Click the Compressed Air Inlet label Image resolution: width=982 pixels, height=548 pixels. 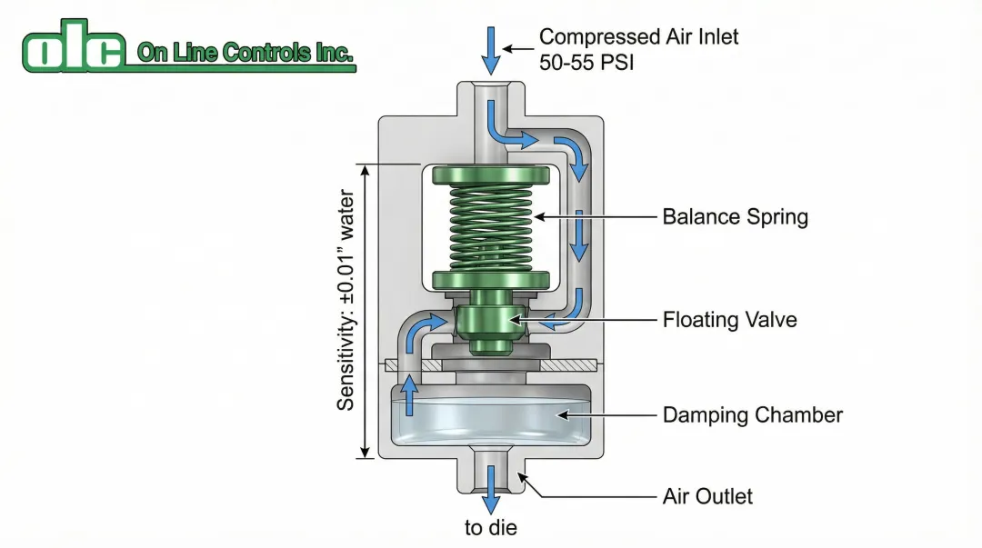click(638, 37)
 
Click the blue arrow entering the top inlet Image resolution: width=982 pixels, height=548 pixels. click(491, 50)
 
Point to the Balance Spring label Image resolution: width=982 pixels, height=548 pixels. click(735, 217)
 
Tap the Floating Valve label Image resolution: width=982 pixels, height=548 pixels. click(729, 320)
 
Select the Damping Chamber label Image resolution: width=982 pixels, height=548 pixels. click(752, 415)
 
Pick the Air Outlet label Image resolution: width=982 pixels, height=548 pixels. click(707, 496)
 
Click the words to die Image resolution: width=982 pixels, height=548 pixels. click(491, 528)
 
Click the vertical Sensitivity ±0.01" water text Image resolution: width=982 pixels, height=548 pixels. click(346, 300)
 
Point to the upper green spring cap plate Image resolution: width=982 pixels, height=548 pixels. click(491, 174)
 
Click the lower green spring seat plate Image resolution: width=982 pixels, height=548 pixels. click(491, 280)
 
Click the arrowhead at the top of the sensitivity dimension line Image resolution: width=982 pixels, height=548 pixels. click(365, 170)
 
